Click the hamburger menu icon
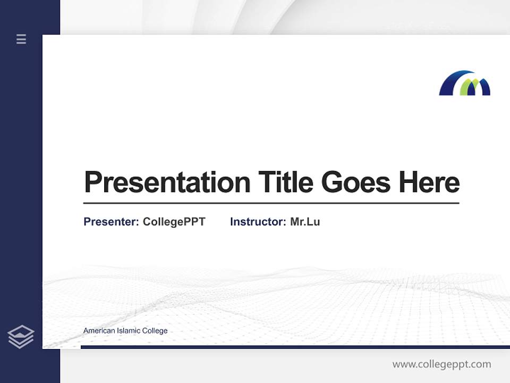pyautogui.click(x=21, y=39)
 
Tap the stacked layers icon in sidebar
pyautogui.click(x=21, y=337)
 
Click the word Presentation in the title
pyautogui.click(x=167, y=182)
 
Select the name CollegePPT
pyautogui.click(x=174, y=222)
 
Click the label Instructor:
pyautogui.click(x=258, y=222)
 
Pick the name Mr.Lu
pyautogui.click(x=305, y=222)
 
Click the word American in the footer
pyautogui.click(x=99, y=331)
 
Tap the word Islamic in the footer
pyautogui.click(x=129, y=331)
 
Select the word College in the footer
pyautogui.click(x=156, y=331)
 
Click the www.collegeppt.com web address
pyautogui.click(x=441, y=364)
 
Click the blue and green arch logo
pyautogui.click(x=464, y=84)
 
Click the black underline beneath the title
pyautogui.click(x=271, y=203)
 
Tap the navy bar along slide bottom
pyautogui.click(x=295, y=347)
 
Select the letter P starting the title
pyautogui.click(x=92, y=182)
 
